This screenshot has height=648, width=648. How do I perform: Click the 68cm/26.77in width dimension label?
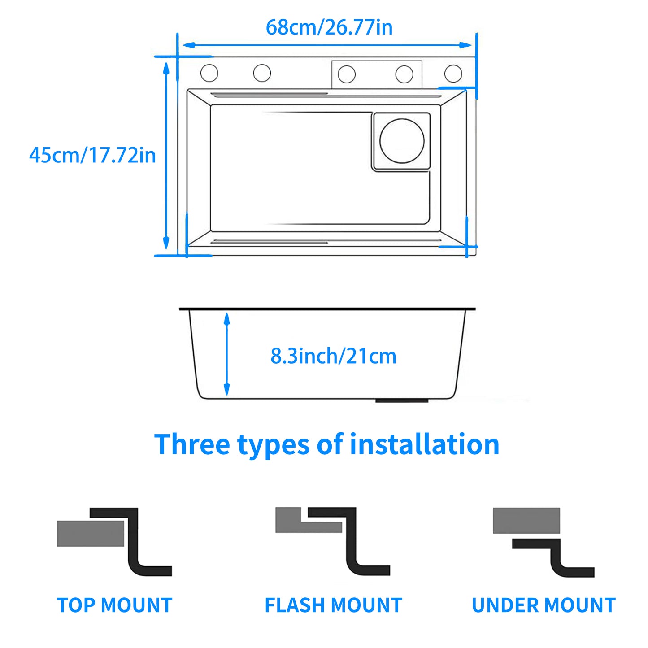329,27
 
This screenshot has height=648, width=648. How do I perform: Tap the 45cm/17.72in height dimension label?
92,155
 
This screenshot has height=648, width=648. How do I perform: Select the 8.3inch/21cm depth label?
333,356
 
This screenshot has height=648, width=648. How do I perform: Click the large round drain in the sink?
402,141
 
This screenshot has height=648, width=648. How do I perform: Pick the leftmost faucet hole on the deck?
209,73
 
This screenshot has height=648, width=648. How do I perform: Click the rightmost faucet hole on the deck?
453,74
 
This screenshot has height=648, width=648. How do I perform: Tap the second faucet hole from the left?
262,73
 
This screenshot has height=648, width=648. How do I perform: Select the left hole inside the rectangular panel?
346,74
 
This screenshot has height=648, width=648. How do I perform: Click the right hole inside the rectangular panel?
404,74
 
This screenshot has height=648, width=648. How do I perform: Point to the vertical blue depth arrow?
227,354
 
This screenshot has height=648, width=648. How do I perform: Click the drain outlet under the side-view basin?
402,400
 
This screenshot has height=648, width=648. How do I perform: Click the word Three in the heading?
192,444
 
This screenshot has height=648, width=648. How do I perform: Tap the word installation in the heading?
424,444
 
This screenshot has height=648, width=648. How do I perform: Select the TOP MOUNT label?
115,605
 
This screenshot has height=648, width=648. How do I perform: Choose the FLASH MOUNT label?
333,605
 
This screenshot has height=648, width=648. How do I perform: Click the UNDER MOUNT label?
544,605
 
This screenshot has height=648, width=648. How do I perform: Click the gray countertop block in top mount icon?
90,534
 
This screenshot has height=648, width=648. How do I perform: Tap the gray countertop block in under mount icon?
526,521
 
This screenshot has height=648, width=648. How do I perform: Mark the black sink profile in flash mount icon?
351,543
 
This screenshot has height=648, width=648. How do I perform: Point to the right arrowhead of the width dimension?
466,45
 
